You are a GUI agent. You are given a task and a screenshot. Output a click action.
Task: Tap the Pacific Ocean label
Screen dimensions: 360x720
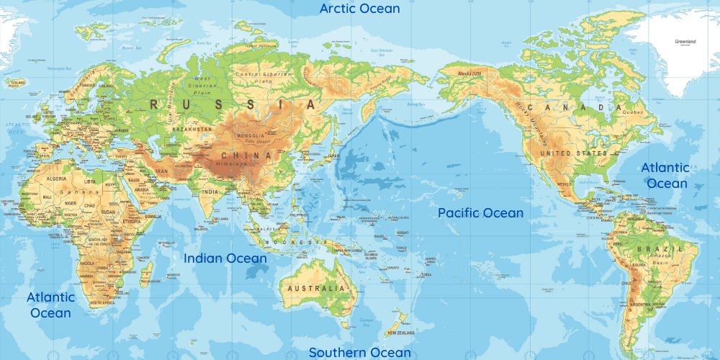click(x=481, y=213)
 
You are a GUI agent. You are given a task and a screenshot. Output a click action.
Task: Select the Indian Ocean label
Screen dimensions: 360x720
click(x=225, y=258)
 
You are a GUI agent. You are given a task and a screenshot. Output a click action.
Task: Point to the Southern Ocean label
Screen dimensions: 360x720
click(x=360, y=352)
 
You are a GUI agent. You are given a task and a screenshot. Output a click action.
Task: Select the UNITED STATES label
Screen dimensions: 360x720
click(x=574, y=153)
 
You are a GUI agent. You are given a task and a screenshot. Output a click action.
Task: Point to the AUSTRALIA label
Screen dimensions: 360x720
click(x=317, y=288)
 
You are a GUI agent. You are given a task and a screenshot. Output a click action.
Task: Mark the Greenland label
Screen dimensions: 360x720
click(x=685, y=42)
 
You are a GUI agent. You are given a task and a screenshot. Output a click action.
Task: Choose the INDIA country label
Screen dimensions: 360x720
click(x=210, y=192)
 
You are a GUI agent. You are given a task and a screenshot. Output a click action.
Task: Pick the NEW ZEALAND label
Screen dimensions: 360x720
click(x=400, y=333)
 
